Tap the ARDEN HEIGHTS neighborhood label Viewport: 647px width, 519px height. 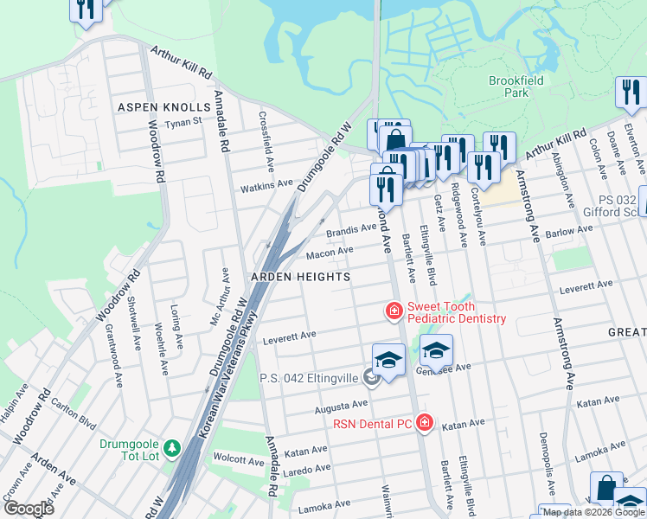tap(299, 277)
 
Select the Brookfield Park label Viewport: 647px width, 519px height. tap(509, 86)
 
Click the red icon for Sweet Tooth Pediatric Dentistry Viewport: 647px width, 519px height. tap(394, 311)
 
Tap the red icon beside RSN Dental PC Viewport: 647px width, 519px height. tap(424, 423)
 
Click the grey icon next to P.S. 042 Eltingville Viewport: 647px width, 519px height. tap(371, 376)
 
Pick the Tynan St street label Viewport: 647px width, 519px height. tap(183, 121)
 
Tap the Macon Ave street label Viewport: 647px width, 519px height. tap(330, 252)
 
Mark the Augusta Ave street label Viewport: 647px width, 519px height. tap(342, 405)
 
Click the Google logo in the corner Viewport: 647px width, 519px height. tap(29, 509)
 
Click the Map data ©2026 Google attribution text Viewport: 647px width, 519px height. tap(593, 512)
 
